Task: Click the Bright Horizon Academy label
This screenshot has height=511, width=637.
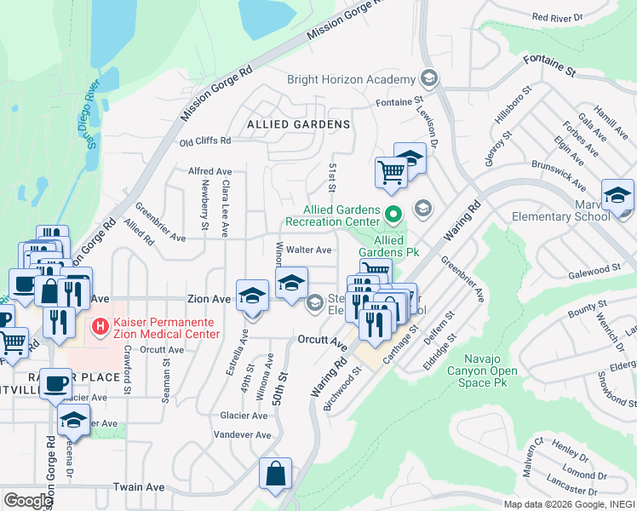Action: coord(351,79)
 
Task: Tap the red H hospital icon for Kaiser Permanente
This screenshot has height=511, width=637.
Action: coord(100,325)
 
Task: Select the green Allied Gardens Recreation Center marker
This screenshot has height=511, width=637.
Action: coord(393,214)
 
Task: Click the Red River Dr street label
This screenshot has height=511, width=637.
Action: coord(557,17)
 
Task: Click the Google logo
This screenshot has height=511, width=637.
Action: coord(28,501)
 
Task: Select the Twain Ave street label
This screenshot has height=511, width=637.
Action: coord(138,487)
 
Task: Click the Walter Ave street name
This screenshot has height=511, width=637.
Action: coord(308,250)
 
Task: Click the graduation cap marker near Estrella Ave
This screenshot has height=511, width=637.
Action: coord(252,296)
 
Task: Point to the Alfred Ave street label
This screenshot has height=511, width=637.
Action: coord(209,171)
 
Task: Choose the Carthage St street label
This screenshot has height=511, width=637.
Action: coord(402,342)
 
